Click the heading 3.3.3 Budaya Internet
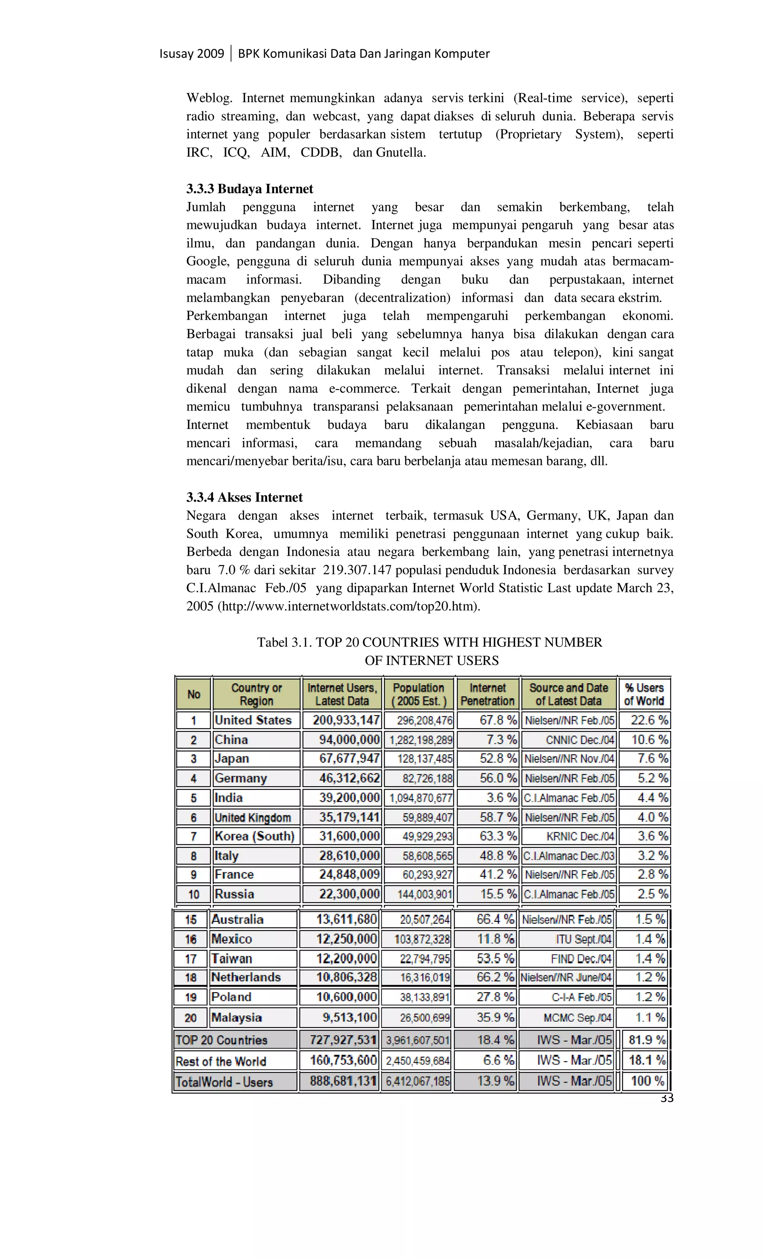[249, 189]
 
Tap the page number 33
[667, 1098]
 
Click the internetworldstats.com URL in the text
[349, 606]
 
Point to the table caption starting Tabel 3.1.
[429, 642]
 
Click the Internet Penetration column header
[487, 694]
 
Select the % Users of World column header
[644, 694]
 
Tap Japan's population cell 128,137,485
[425, 759]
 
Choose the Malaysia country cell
[237, 1017]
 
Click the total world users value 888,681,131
[343, 1081]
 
